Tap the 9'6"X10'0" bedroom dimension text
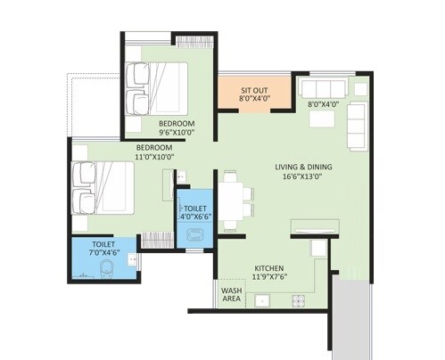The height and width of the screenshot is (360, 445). [177, 133]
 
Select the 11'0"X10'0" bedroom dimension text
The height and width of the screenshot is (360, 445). [155, 158]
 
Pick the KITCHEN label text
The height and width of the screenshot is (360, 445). [269, 267]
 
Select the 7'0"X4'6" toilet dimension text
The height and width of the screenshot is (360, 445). [103, 252]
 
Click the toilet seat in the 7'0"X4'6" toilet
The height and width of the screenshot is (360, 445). [106, 270]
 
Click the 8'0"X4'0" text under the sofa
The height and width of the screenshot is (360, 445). [322, 104]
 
